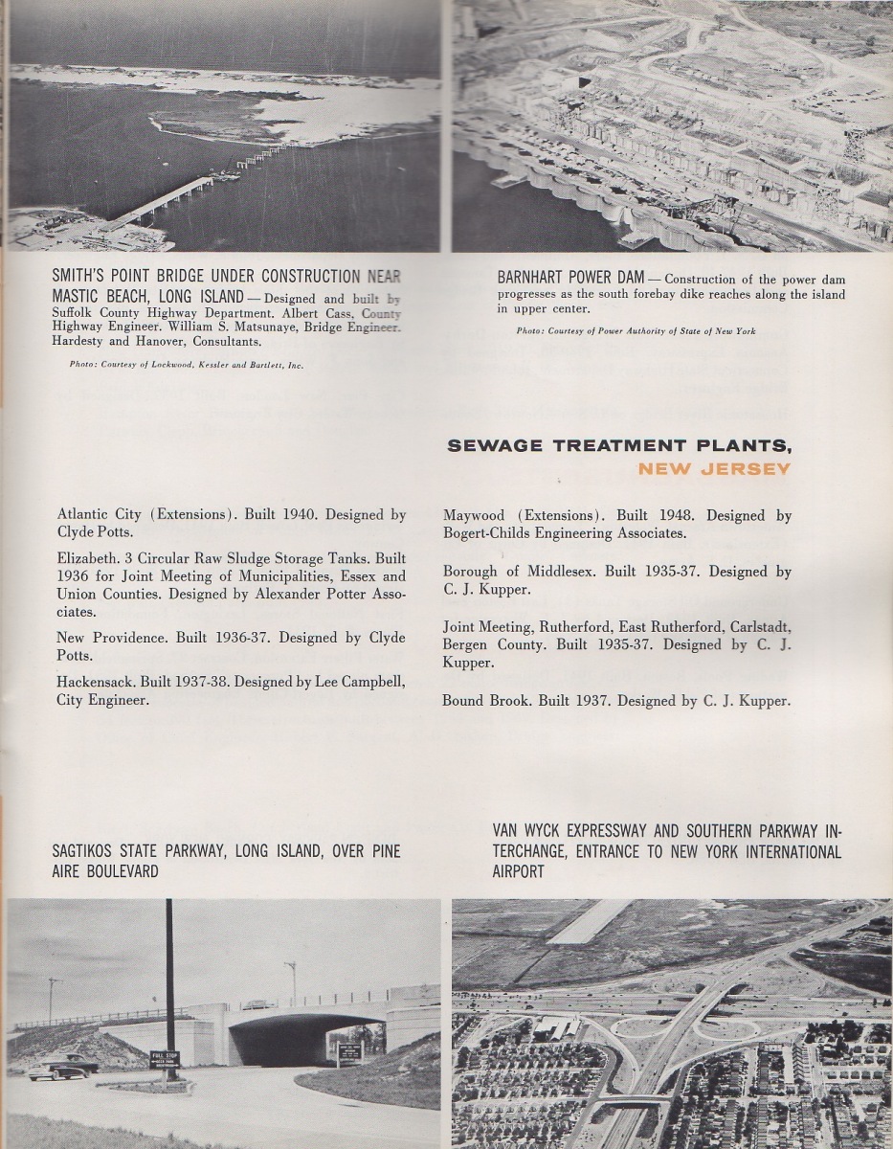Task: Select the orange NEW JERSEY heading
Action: click(x=714, y=468)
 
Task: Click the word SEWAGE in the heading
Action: click(x=496, y=445)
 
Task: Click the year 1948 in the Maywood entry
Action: click(x=671, y=515)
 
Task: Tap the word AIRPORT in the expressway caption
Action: click(x=518, y=871)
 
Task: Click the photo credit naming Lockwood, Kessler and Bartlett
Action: click(x=188, y=365)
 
